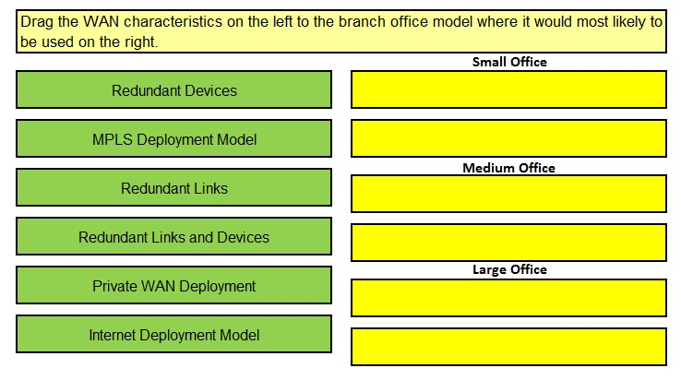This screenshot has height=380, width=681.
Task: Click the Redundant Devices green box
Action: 173,89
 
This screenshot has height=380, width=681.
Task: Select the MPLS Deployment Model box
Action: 173,139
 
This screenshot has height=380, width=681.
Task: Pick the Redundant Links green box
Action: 173,187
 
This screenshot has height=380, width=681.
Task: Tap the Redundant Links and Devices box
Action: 173,237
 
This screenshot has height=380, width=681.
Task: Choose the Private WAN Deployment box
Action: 173,285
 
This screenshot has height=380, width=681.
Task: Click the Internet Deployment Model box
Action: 173,335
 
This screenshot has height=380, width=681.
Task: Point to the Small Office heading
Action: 509,62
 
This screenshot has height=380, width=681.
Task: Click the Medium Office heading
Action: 509,168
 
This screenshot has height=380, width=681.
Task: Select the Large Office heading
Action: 509,269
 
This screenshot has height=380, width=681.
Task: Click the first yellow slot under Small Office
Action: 508,89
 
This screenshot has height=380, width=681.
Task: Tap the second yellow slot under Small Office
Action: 508,139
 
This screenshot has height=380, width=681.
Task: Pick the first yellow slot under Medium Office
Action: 508,194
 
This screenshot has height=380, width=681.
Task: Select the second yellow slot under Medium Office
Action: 508,243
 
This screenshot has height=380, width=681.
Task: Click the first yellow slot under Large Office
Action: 508,298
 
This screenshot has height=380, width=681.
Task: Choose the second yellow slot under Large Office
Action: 508,347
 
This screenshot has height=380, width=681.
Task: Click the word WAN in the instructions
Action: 101,22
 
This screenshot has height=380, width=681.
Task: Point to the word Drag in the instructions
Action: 37,22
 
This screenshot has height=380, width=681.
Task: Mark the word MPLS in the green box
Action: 112,139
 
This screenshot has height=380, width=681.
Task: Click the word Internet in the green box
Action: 112,335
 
